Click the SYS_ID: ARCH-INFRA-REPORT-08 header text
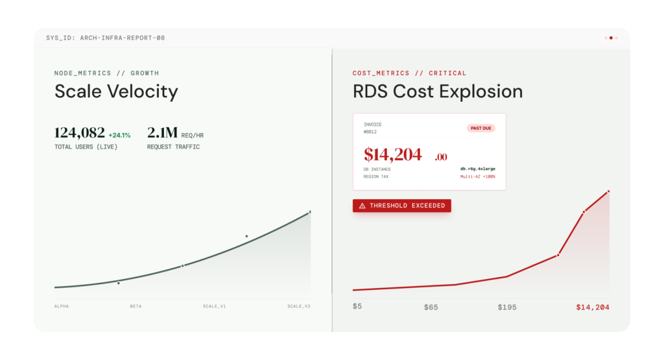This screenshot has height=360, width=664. (105, 38)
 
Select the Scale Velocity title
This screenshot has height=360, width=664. (116, 91)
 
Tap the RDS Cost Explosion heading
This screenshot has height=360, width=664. (438, 91)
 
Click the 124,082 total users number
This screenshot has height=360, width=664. (80, 133)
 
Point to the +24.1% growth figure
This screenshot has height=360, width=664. (119, 136)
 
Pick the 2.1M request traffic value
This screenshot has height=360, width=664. (162, 133)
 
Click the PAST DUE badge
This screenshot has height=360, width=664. (480, 128)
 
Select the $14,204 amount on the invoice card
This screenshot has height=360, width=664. (393, 154)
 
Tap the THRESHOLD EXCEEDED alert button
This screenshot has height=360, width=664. (401, 206)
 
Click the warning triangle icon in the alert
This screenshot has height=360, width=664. (362, 206)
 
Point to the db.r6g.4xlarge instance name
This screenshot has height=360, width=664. (478, 169)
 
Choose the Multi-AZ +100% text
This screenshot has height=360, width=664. (478, 176)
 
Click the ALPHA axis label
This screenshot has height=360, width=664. (62, 306)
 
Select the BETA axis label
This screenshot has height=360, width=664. (136, 306)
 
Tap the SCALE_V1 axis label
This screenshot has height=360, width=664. (214, 306)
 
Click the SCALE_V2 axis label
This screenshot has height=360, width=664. (299, 306)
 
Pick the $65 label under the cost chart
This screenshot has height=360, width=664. (431, 307)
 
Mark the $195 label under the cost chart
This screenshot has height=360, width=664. (507, 307)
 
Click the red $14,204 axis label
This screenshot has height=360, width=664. (593, 307)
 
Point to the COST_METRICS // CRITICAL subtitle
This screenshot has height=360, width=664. (409, 73)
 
